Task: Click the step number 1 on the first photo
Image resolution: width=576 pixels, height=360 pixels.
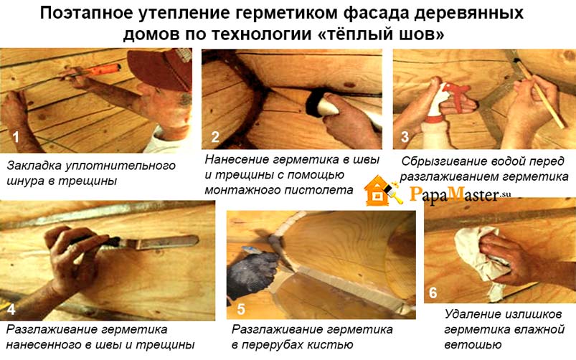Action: (x=16, y=138)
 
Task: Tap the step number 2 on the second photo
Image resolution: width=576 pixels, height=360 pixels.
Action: (x=215, y=138)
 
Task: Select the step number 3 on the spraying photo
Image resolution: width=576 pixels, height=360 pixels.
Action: (x=405, y=137)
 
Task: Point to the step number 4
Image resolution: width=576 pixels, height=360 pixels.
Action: (x=11, y=309)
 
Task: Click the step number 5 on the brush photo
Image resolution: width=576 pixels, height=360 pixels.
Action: (x=241, y=309)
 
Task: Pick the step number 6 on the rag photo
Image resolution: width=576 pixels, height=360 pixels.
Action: (x=433, y=293)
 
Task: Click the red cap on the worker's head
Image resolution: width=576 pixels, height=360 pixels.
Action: (x=161, y=68)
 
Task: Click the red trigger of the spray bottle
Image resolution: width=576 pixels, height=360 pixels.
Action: (x=457, y=96)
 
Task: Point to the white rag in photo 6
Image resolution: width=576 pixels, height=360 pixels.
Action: (x=478, y=257)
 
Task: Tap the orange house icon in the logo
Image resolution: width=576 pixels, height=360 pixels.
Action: (x=377, y=191)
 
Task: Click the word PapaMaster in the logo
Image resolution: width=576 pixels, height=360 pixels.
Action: (x=455, y=194)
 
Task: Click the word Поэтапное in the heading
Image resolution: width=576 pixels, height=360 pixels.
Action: (x=86, y=13)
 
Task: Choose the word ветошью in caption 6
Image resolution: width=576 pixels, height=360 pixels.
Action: (x=473, y=344)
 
